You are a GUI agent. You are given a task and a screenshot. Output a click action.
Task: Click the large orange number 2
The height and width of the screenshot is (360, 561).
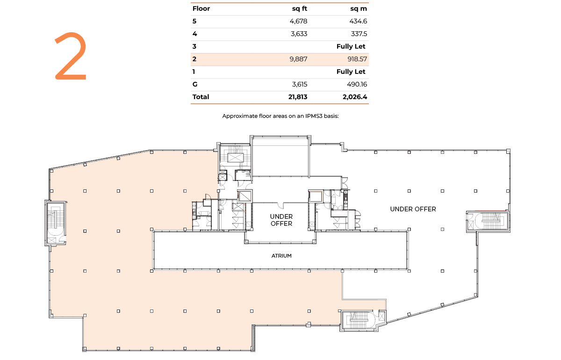[71, 56]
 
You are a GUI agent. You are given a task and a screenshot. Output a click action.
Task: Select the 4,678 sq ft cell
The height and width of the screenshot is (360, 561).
[298, 22]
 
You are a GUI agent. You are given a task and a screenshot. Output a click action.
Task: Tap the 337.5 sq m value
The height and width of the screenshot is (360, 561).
[359, 34]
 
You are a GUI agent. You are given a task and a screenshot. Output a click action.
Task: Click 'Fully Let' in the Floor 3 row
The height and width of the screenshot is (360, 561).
[351, 46]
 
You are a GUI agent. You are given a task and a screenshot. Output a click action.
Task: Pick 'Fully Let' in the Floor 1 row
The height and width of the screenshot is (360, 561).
[351, 72]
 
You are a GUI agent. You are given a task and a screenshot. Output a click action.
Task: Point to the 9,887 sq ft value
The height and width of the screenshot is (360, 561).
[298, 59]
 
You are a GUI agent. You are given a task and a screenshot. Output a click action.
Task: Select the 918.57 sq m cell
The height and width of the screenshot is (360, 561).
[357, 59]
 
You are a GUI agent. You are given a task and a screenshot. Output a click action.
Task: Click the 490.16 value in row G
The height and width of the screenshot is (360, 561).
[357, 84]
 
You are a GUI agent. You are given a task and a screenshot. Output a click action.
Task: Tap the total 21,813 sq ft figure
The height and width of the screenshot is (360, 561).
[298, 97]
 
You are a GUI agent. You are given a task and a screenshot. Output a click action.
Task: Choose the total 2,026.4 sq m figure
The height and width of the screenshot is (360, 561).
[355, 97]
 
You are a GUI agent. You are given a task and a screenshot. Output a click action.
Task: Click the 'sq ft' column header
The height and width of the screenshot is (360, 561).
[300, 9]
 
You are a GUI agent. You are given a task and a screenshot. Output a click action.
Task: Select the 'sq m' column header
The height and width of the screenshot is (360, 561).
[359, 9]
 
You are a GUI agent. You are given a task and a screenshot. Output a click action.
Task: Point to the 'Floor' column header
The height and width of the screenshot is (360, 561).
[201, 9]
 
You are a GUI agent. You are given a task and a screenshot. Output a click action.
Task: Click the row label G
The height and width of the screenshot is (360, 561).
[195, 84]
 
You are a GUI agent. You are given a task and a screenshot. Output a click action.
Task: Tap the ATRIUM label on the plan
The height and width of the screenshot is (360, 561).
[281, 256]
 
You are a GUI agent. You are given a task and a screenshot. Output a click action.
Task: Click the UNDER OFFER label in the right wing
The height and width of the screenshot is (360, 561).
[413, 209]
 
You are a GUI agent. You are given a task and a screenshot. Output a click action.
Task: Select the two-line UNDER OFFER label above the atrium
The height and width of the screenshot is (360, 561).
[281, 220]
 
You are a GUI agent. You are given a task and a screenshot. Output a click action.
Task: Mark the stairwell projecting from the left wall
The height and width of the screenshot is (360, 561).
[56, 223]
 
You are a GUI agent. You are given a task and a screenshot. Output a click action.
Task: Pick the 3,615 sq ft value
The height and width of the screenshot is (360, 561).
[300, 84]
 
